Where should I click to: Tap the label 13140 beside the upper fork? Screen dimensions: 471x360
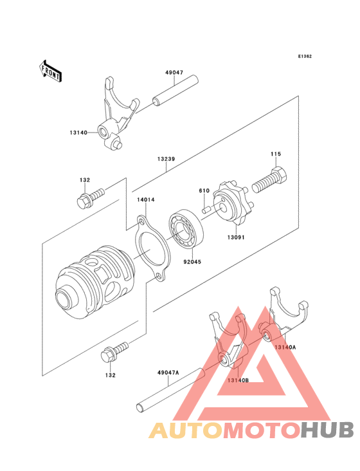click(x=80, y=133)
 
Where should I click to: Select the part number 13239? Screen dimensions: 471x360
click(x=165, y=158)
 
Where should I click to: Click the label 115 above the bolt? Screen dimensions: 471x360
click(x=276, y=154)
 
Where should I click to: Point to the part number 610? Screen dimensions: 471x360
click(x=204, y=191)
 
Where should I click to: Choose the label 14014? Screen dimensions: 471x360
click(x=145, y=199)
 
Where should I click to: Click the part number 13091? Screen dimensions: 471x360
click(x=235, y=237)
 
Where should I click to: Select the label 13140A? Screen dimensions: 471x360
click(x=285, y=347)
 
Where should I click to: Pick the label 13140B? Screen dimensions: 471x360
click(x=237, y=380)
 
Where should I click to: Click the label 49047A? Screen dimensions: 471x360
click(x=168, y=373)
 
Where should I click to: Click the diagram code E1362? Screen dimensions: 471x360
click(x=304, y=57)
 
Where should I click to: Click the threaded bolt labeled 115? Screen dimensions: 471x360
click(x=270, y=179)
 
